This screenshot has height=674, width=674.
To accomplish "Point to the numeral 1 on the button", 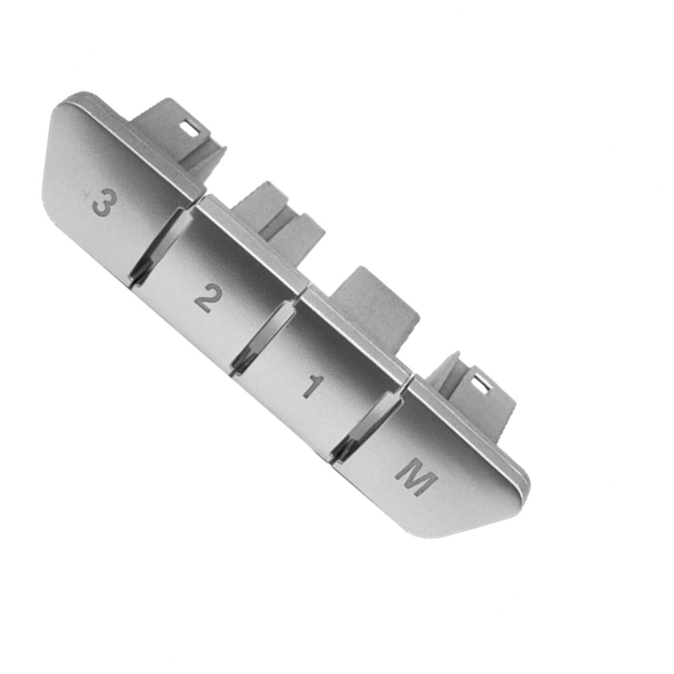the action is click(x=313, y=386).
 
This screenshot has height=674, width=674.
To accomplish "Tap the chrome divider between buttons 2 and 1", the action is click(x=264, y=335).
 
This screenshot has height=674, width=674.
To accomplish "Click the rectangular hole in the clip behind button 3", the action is click(x=191, y=129).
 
